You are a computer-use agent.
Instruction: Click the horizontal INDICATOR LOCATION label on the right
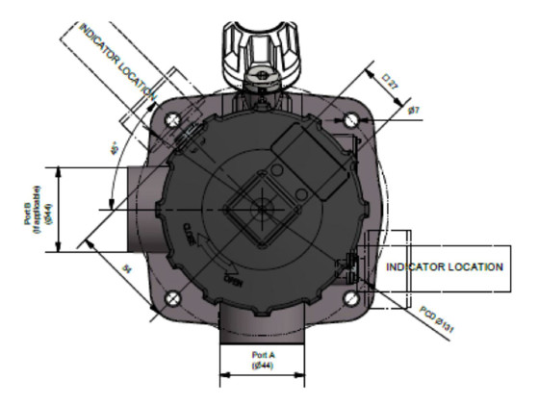(x=444, y=265)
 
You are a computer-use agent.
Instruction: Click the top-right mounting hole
(x=352, y=119)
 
